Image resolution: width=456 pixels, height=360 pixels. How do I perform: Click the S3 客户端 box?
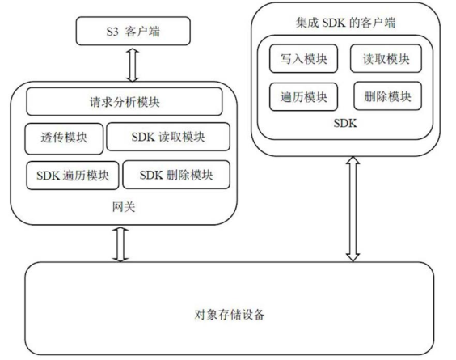tap(133, 31)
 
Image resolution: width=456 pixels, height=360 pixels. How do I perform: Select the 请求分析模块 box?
tap(125, 102)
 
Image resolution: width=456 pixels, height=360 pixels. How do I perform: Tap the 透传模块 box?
tap(64, 138)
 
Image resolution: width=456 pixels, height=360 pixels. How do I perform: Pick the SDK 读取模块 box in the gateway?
tap(168, 137)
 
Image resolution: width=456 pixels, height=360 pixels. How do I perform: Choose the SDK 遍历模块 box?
tap(73, 176)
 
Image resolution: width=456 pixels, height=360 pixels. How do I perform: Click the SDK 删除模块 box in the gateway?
tap(176, 175)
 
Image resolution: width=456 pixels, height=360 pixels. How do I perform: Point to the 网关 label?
tap(124, 207)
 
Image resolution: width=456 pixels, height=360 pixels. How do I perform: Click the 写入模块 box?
tap(304, 58)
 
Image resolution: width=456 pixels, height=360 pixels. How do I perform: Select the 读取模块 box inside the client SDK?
tap(386, 58)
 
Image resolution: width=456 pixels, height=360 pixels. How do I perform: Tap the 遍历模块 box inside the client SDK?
tap(304, 97)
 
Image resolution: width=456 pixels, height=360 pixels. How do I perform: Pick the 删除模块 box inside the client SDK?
tap(387, 96)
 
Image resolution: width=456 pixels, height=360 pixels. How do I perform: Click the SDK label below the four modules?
tap(345, 123)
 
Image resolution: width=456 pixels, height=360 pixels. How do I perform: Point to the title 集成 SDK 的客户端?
tap(345, 23)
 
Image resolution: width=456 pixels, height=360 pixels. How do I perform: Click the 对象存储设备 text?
tap(230, 315)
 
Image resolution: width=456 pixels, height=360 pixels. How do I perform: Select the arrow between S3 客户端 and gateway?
tap(133, 65)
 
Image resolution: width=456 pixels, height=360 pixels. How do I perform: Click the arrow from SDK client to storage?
tap(353, 210)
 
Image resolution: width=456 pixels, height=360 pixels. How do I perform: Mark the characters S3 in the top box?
tap(112, 31)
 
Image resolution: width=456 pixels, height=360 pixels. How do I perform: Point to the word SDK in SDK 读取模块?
tap(143, 137)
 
